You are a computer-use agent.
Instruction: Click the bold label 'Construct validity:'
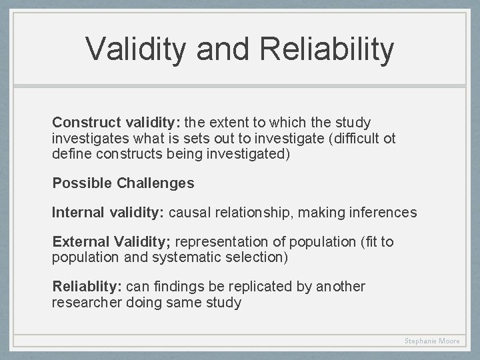(x=116, y=123)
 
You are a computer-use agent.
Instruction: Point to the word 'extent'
(x=228, y=123)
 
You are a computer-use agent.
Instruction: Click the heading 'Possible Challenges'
(x=123, y=183)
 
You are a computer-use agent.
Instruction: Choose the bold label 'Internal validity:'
(x=109, y=213)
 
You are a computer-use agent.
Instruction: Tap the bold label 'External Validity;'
(x=111, y=242)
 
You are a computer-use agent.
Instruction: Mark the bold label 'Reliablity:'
(x=87, y=287)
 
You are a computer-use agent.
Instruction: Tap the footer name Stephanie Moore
(x=432, y=341)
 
